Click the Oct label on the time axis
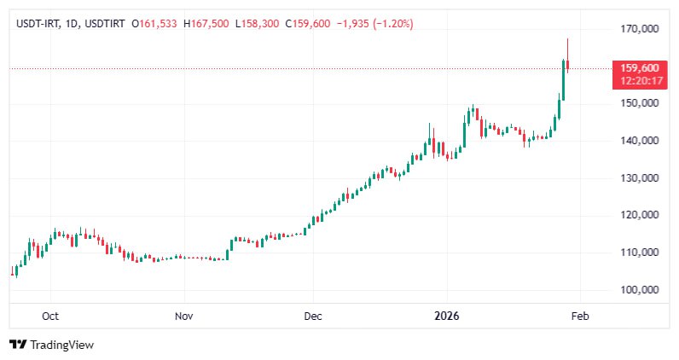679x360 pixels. tap(50, 316)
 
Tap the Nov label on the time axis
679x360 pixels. tap(184, 316)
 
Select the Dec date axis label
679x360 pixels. tap(313, 316)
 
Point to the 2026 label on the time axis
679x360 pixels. tap(446, 316)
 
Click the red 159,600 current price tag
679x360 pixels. tap(639, 68)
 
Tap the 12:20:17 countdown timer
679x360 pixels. tap(639, 80)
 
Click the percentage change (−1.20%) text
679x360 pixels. tap(388, 24)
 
